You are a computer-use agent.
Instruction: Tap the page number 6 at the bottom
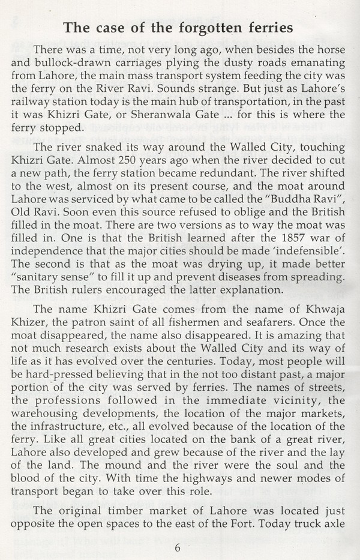pyautogui.click(x=178, y=547)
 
